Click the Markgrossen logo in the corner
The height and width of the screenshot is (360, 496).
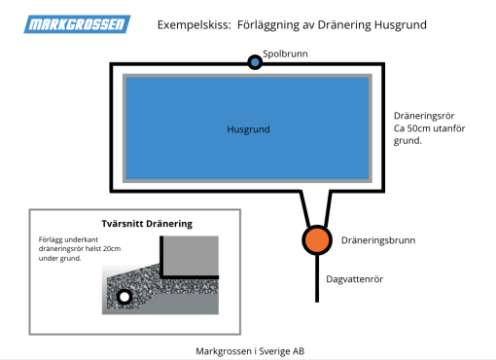(x=77, y=22)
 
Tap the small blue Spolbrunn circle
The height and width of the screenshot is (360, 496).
(x=255, y=62)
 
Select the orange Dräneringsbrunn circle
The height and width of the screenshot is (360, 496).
(x=315, y=239)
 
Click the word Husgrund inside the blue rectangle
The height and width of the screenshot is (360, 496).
(x=247, y=128)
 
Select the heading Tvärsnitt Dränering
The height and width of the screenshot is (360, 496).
(x=147, y=223)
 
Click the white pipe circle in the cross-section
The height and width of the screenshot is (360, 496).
(x=124, y=297)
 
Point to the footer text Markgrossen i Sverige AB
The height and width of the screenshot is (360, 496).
(x=250, y=350)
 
